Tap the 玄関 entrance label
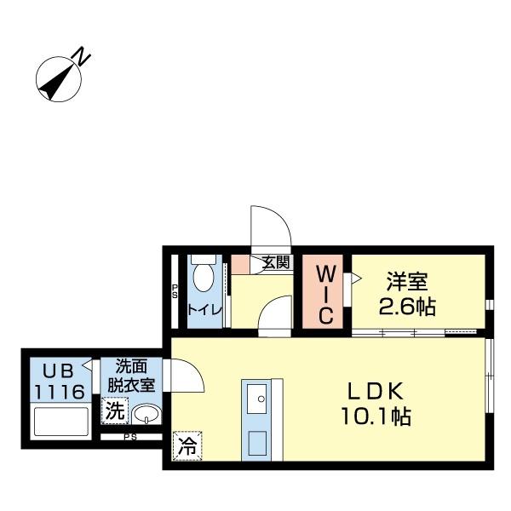(x=274, y=263)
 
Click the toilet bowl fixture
(x=204, y=278)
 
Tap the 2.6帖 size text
(x=408, y=306)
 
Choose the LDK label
(x=379, y=391)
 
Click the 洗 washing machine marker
(x=113, y=411)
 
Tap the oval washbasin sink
(x=146, y=415)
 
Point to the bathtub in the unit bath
(x=60, y=422)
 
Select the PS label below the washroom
(x=130, y=438)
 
